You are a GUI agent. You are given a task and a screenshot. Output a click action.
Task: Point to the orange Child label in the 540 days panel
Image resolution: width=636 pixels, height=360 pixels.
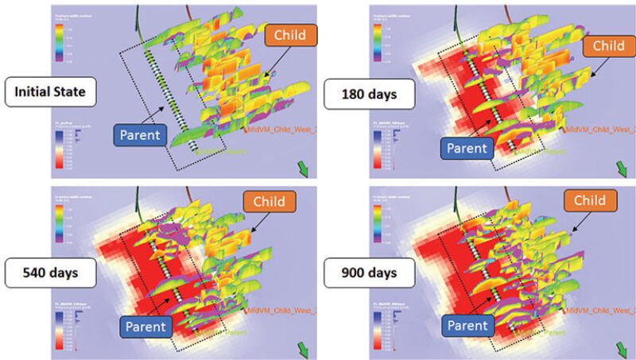[x=266, y=201]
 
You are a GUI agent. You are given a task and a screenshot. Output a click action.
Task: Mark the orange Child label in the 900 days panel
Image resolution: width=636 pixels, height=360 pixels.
[x=591, y=201]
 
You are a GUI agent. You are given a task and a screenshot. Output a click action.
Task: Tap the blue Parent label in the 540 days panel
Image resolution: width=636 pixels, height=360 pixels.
[x=143, y=325]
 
